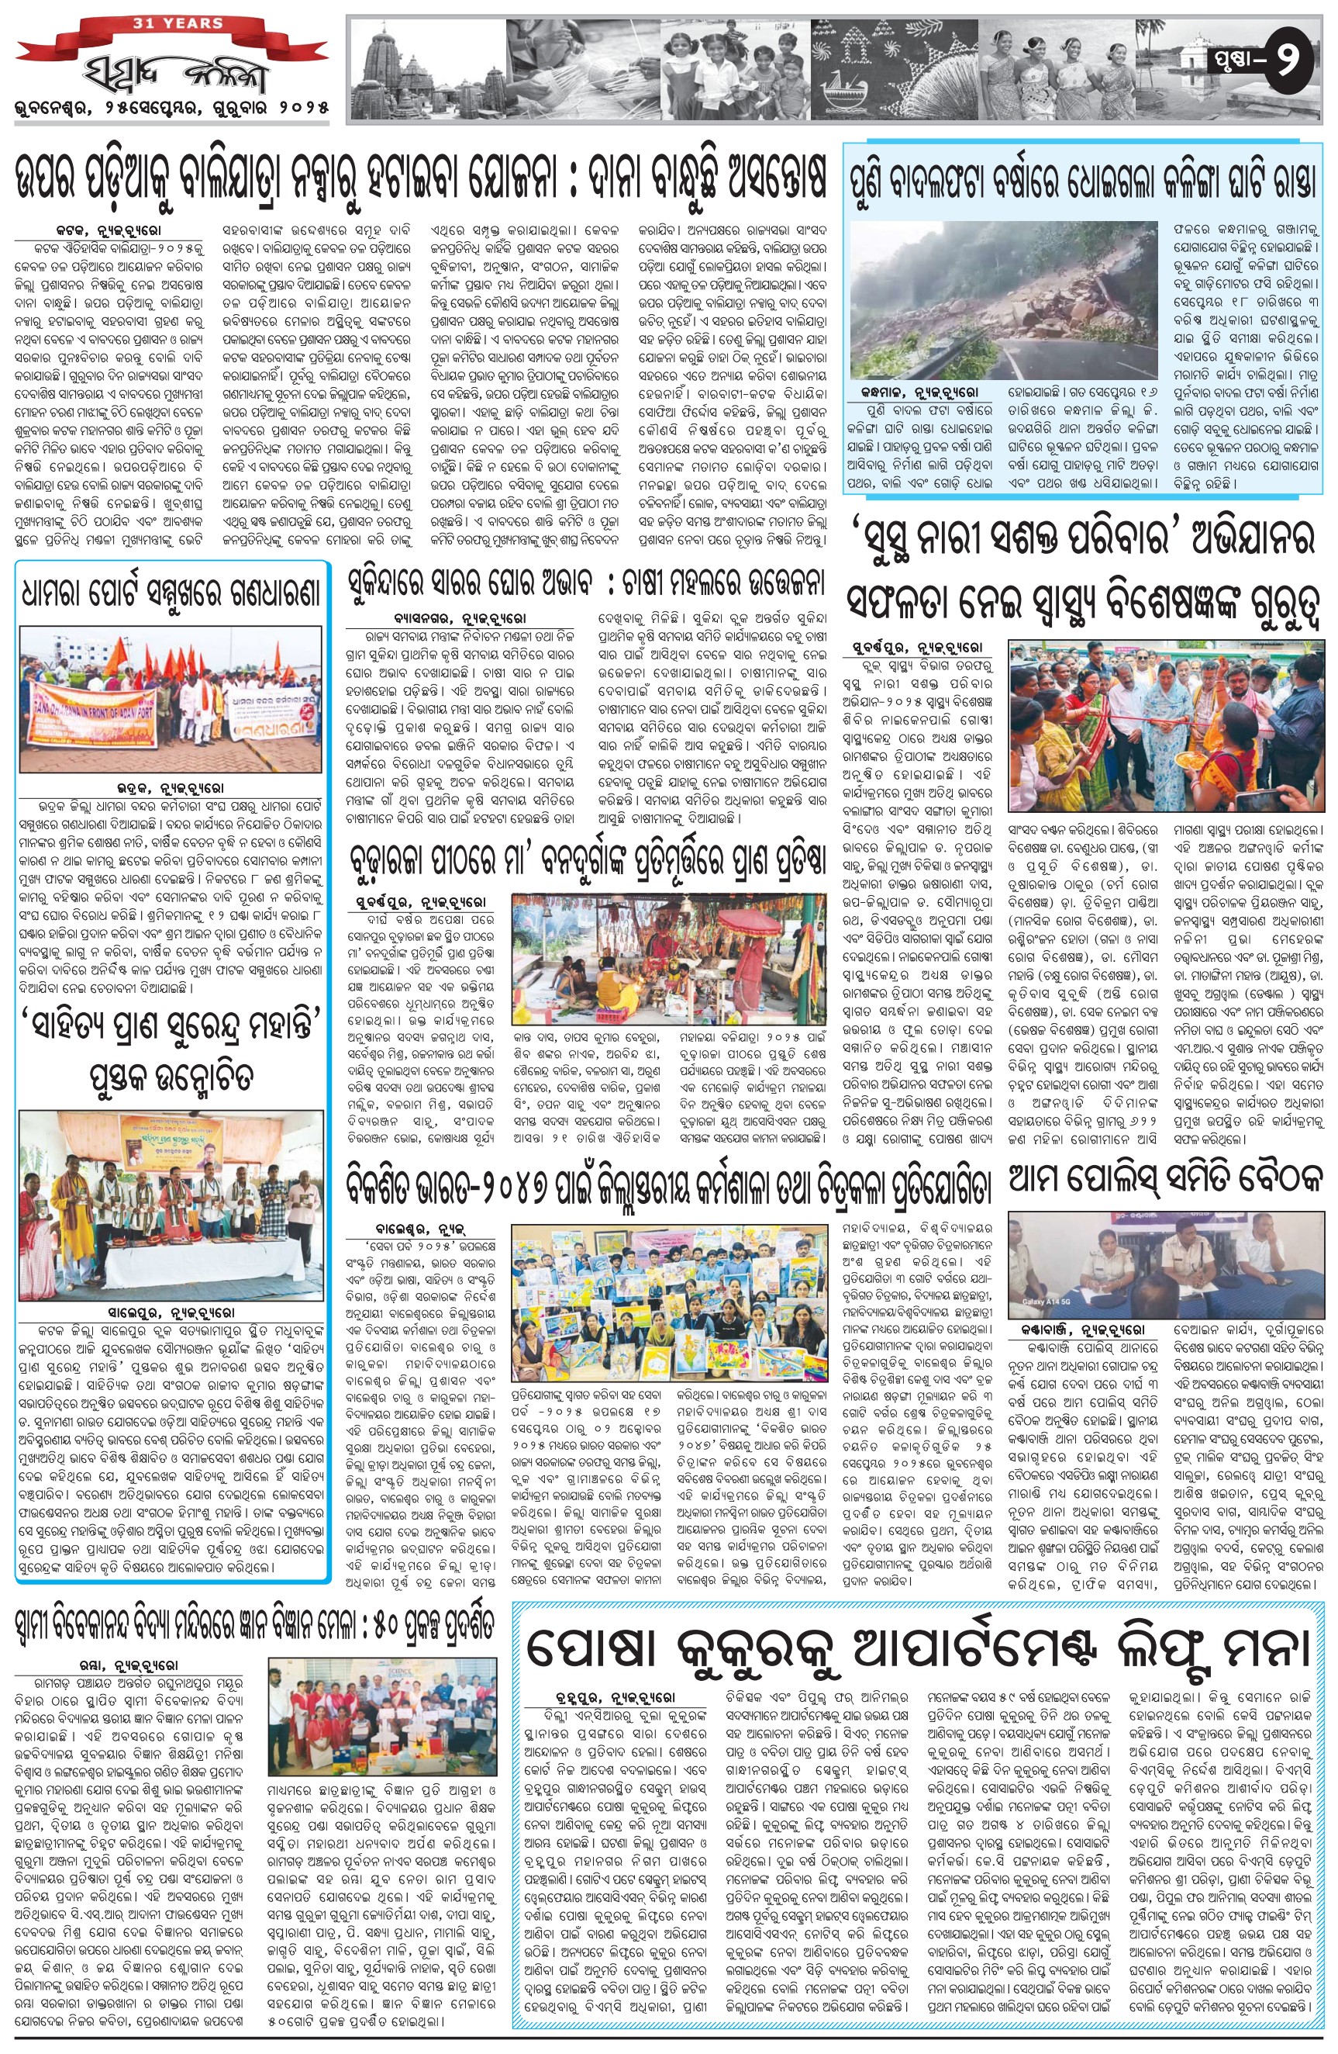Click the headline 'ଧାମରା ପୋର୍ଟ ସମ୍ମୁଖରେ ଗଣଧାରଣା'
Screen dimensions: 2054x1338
[171, 593]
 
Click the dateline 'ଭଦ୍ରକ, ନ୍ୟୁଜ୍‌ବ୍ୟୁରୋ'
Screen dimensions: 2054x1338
[171, 788]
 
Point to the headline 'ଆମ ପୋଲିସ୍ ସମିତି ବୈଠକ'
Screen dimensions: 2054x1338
[1165, 1178]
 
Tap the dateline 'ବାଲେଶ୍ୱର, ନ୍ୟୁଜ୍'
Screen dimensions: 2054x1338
[420, 1225]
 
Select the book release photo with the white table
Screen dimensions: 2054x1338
[171, 1205]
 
